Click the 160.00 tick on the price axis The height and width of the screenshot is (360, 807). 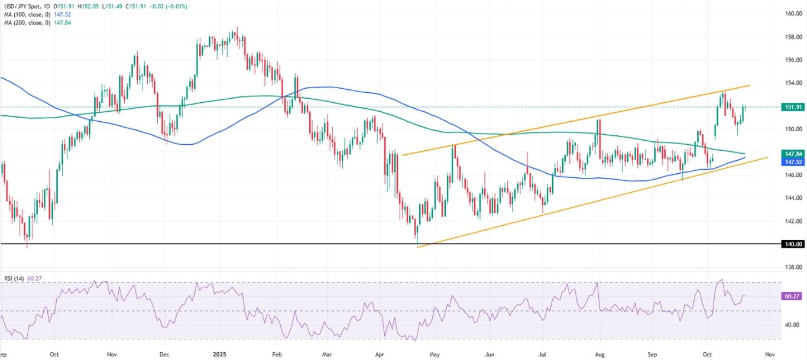[793, 14]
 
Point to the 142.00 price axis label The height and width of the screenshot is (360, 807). [793, 221]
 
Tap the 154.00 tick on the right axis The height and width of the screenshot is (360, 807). [793, 83]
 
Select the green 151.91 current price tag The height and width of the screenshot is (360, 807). [793, 107]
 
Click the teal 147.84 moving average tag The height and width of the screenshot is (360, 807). [793, 153]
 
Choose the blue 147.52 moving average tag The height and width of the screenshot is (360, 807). [793, 161]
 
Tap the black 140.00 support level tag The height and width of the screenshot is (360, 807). [793, 244]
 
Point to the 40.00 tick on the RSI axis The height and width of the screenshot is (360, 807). [793, 325]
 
